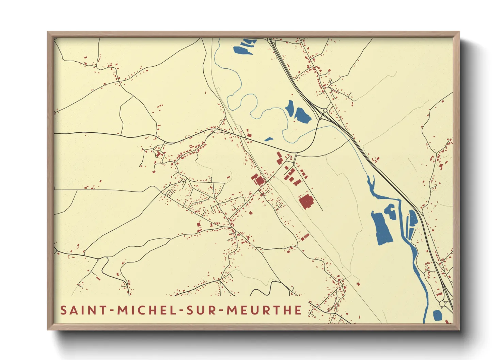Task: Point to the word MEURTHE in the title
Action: coord(264,310)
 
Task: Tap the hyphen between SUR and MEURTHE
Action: coord(221,311)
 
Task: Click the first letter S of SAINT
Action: coord(63,310)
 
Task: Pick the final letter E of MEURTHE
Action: coord(298,310)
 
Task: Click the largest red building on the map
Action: coord(306,201)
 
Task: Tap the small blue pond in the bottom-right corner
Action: coord(437,315)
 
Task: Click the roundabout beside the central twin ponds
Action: coord(325,111)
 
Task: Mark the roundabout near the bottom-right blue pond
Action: coord(442,304)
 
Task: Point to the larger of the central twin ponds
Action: coord(302,115)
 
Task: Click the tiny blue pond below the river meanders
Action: coord(269,139)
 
